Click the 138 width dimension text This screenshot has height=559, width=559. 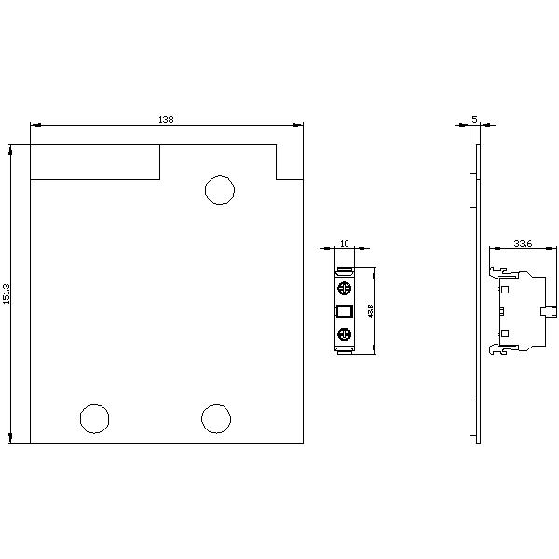[x=166, y=119]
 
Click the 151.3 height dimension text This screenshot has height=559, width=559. [x=7, y=293]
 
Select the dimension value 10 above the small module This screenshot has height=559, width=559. [x=344, y=243]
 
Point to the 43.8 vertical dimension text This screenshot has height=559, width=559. [x=371, y=311]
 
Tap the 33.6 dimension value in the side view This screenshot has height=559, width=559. [x=523, y=244]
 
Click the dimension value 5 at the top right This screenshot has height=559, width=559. [x=475, y=119]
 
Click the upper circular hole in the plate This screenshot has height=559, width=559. [x=219, y=189]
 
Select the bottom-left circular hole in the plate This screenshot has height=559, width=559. [x=94, y=418]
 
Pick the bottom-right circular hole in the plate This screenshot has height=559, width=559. [x=215, y=418]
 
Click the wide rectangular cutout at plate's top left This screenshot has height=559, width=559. [x=95, y=161]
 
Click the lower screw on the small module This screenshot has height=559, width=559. [x=344, y=334]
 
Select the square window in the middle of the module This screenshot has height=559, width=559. [x=344, y=311]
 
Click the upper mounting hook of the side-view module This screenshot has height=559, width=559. [x=494, y=272]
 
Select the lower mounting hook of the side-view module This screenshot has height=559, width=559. [x=494, y=350]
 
